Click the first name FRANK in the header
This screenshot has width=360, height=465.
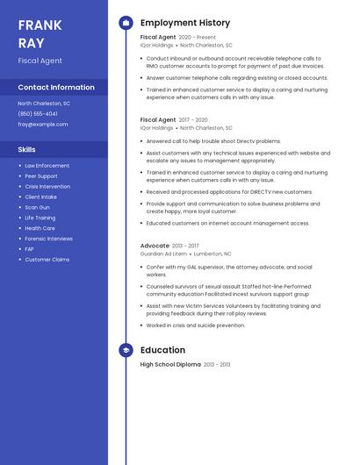click(x=40, y=24)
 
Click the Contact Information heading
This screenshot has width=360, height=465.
click(x=56, y=87)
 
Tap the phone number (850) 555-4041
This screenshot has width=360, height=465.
click(x=38, y=114)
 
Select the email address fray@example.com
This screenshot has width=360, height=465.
click(x=42, y=125)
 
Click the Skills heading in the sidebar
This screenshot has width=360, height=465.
click(x=27, y=149)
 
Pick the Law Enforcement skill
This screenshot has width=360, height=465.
click(x=47, y=166)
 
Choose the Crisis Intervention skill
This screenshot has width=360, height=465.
click(x=48, y=187)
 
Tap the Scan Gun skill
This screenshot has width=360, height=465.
click(x=37, y=207)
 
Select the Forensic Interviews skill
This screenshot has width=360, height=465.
click(x=48, y=239)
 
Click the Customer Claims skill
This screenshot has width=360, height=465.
click(x=47, y=260)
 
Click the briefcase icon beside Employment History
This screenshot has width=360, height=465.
click(x=126, y=23)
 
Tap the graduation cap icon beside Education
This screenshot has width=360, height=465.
click(x=126, y=350)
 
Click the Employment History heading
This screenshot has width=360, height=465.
click(x=185, y=23)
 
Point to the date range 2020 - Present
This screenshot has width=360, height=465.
click(x=197, y=38)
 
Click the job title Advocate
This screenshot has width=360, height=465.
click(x=155, y=246)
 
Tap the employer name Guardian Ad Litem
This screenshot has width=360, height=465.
click(x=164, y=254)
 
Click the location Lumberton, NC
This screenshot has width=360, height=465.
click(x=212, y=254)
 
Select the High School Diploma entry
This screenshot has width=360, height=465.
click(x=170, y=364)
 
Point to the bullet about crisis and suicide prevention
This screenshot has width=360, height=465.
click(x=196, y=325)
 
